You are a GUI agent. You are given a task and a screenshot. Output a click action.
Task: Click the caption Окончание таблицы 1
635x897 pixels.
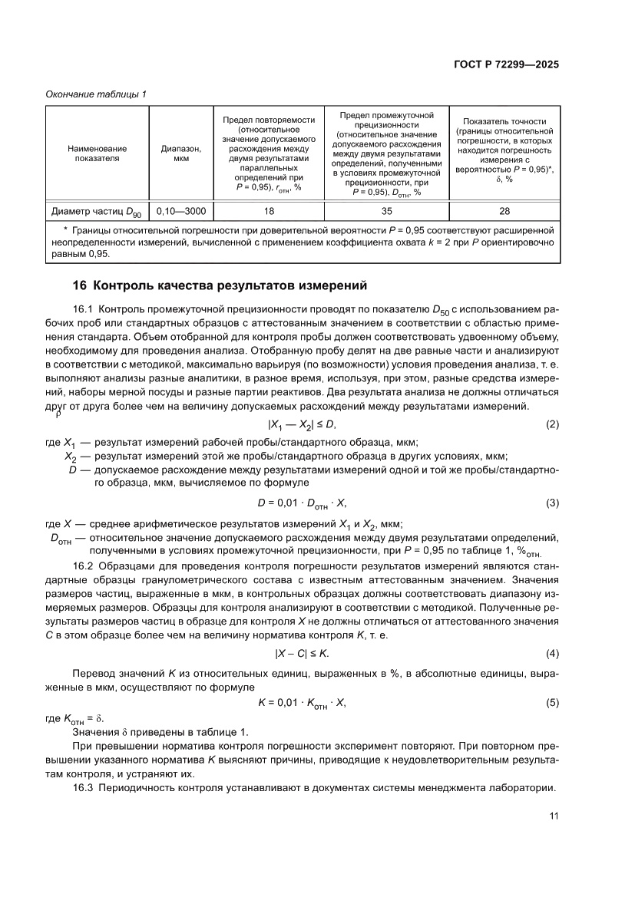tap(96, 94)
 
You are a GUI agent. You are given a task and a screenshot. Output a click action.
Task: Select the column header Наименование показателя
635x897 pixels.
tap(97, 153)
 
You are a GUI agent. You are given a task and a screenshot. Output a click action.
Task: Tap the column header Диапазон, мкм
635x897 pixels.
tap(181, 153)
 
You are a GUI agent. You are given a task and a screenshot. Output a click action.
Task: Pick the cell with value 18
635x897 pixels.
tap(270, 210)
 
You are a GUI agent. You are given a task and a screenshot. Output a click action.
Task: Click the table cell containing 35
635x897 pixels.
tap(387, 210)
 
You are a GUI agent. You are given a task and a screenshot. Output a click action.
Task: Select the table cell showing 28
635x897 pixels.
tap(504, 210)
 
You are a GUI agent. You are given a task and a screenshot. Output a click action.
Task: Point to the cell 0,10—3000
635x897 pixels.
tap(181, 210)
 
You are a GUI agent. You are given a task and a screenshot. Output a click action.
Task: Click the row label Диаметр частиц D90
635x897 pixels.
tap(97, 210)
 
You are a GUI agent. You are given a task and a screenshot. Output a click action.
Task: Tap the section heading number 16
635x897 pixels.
tap(79, 286)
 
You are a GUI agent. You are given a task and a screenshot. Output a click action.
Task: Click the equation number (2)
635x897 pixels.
tap(551, 424)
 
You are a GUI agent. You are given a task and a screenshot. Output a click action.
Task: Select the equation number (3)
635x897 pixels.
tap(551, 503)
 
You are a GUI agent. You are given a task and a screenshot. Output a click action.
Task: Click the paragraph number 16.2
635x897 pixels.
tap(83, 566)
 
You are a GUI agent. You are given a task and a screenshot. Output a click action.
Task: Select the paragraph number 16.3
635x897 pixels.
tap(83, 788)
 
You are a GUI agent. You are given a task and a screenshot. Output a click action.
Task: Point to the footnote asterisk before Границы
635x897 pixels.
tap(66, 229)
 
